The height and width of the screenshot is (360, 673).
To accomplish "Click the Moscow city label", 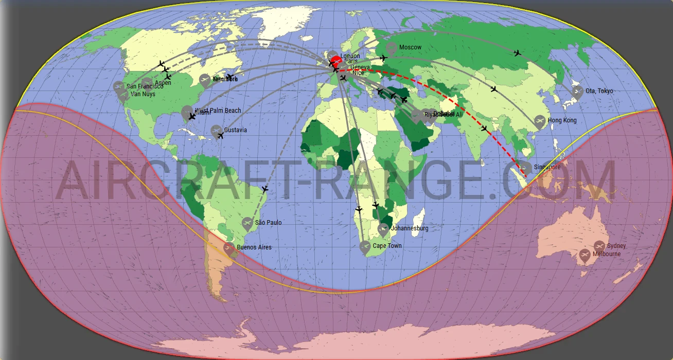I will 410,47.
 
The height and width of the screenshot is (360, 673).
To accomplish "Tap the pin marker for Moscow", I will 392,49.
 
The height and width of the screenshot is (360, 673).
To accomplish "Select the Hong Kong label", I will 562,120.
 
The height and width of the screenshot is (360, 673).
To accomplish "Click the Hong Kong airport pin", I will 540,121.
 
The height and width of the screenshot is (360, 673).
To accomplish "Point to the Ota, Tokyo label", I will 599,91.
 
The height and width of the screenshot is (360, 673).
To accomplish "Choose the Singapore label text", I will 547,167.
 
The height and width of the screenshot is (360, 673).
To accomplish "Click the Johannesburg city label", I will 410,228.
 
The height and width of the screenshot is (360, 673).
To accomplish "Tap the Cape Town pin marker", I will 365,247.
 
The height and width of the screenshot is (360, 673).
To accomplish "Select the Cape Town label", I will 387,246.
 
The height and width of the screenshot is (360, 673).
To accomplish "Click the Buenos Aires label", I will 254,247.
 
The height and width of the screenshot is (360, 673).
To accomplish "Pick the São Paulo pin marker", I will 247,224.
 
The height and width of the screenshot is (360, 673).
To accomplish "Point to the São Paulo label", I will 269,223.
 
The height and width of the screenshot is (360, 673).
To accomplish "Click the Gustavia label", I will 235,130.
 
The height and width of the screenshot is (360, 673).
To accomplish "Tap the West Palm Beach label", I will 218,111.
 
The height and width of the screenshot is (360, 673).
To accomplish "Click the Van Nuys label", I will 143,94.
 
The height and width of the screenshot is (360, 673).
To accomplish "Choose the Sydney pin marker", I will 599,246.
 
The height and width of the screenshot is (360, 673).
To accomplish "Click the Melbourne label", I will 607,254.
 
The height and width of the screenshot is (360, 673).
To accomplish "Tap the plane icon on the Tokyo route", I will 518,53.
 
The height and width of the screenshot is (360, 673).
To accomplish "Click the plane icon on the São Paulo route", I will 265,189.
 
